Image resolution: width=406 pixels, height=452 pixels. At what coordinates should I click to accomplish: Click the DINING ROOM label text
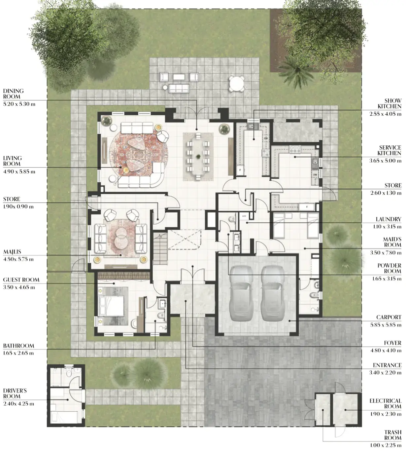point(13,94)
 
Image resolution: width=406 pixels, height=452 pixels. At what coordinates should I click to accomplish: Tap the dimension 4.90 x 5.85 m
point(19,172)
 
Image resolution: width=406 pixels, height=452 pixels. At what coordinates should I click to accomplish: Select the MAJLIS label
point(12,252)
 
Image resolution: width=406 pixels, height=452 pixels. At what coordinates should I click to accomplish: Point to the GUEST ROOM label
point(21,280)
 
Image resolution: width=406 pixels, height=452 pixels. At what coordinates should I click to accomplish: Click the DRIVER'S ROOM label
point(15,393)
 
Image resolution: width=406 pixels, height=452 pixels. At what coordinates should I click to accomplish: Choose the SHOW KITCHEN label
point(389,103)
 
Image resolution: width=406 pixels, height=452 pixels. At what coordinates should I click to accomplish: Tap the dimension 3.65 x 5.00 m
point(385,161)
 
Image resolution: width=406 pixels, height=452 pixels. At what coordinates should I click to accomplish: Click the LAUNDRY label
point(389,219)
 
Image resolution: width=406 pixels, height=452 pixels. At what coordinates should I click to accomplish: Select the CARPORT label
point(389,317)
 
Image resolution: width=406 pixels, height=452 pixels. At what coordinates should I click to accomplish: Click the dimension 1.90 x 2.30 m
point(386,414)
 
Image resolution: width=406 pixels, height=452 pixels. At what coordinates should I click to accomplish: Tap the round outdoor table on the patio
point(236,84)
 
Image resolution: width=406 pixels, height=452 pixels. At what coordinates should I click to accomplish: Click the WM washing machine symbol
point(244,216)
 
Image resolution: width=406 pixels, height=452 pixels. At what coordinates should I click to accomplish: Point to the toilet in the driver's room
point(69,372)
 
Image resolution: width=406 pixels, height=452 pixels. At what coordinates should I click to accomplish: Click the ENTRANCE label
point(387,365)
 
